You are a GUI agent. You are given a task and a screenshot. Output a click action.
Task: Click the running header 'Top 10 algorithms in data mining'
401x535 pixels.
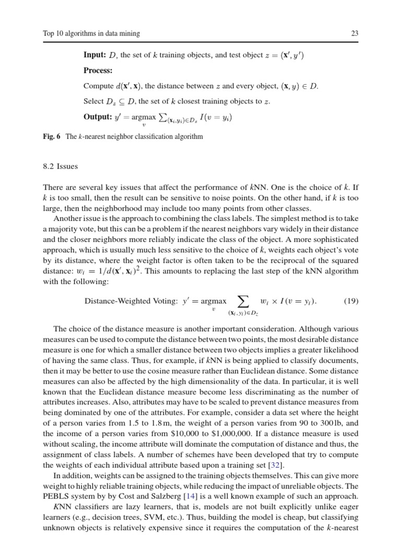pos(91,34)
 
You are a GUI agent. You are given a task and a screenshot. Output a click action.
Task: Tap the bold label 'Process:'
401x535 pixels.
pos(98,70)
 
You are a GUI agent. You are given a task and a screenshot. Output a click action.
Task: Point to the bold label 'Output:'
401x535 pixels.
pos(97,117)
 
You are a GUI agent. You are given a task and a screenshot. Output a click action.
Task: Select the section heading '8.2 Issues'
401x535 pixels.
pos(60,167)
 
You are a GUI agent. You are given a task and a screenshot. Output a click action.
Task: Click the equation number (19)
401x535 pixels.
pos(350,301)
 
